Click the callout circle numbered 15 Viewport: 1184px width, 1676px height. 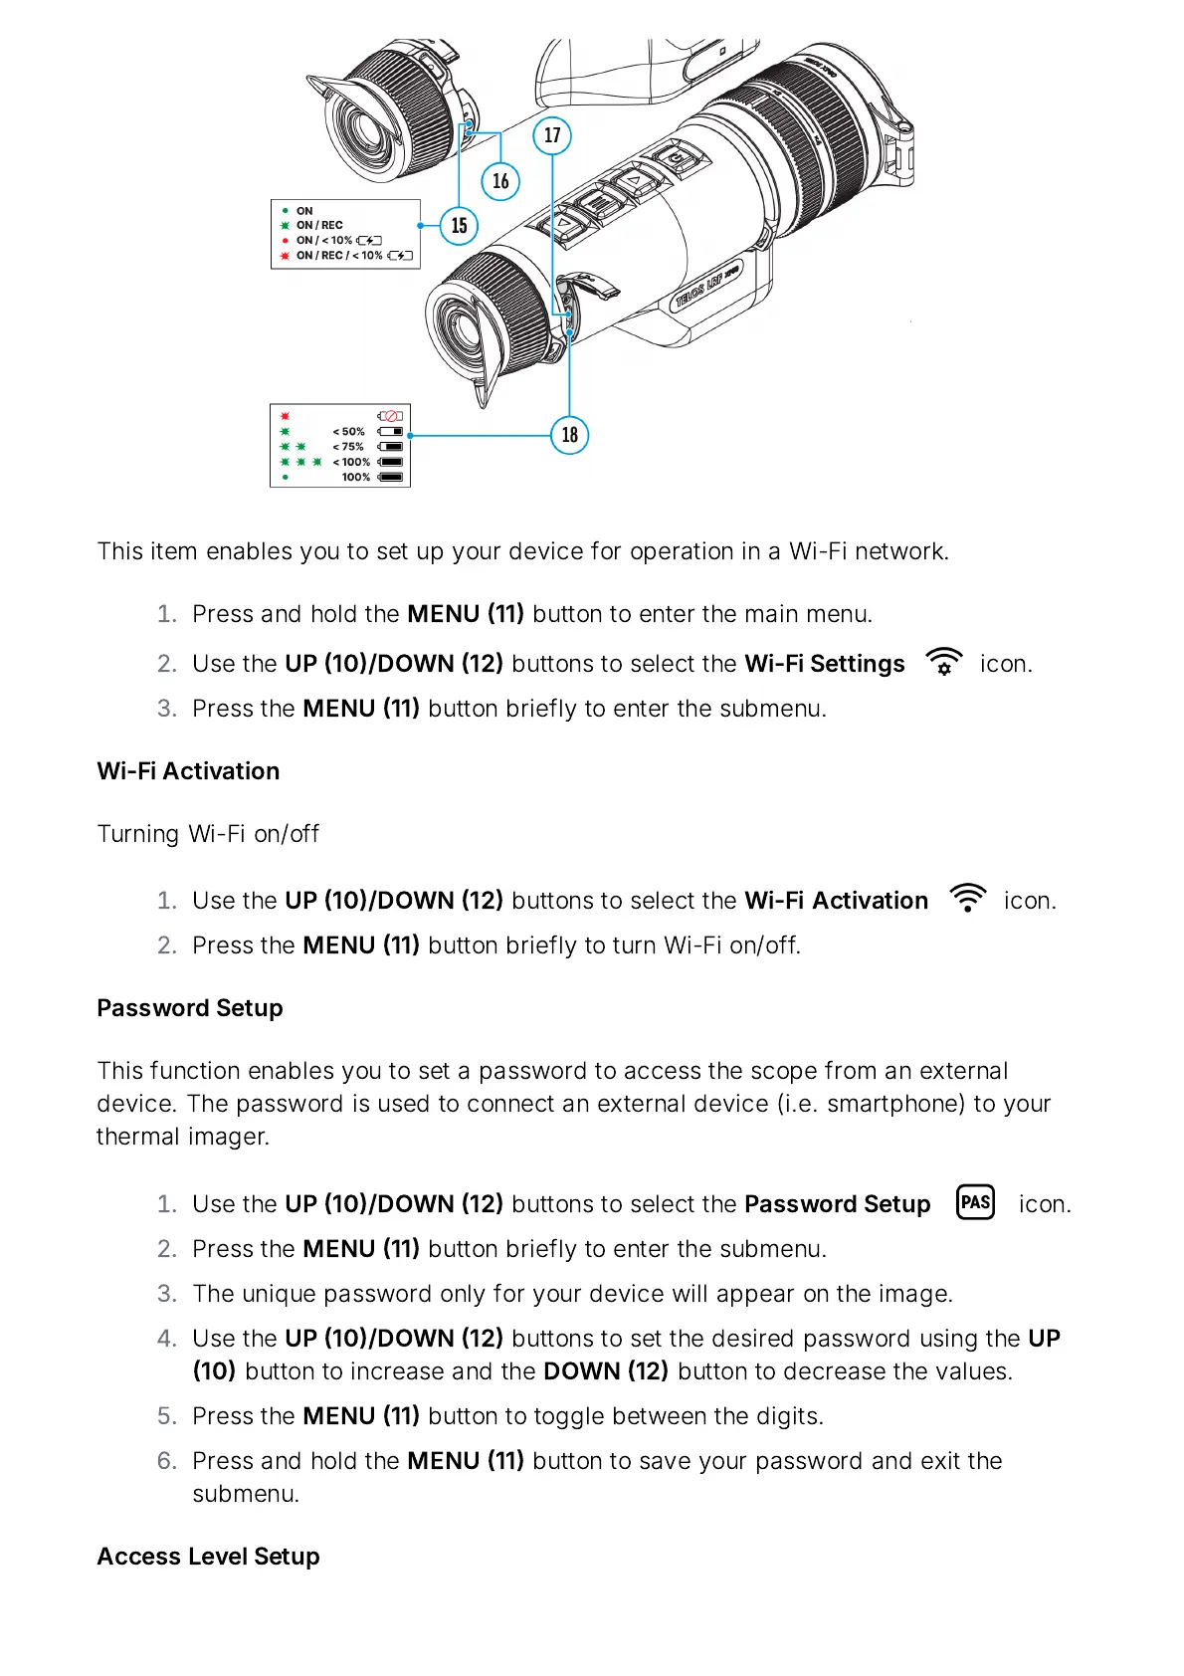459,226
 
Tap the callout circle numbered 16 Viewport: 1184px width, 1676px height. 500,181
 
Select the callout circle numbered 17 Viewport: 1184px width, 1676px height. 552,135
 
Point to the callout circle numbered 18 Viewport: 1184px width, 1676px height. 569,435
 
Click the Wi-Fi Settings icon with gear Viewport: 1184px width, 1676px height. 943,662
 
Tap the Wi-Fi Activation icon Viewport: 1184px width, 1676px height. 967,898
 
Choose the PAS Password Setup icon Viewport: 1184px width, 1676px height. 975,1202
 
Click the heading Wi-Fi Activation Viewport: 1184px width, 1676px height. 188,771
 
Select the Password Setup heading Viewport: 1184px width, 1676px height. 189,1008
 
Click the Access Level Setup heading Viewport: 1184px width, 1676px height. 208,1557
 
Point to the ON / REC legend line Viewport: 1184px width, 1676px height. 318,226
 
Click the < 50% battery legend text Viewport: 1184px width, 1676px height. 348,432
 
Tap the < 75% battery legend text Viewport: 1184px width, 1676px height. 348,447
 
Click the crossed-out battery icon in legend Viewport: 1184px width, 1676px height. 390,416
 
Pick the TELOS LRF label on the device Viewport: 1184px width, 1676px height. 707,286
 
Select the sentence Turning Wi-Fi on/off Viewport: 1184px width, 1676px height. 208,834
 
